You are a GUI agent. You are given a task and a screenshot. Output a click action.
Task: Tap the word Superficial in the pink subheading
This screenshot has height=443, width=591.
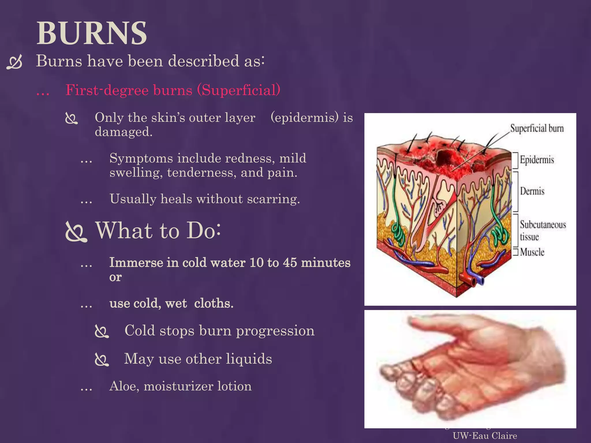238,90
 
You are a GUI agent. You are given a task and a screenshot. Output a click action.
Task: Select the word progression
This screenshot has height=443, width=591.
275,331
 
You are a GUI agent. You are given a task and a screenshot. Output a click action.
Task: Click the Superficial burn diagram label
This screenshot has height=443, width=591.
537,128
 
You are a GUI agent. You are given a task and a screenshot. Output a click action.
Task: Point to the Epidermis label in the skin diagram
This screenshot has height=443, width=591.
537,159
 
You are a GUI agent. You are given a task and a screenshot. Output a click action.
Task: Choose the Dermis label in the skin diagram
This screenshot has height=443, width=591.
532,191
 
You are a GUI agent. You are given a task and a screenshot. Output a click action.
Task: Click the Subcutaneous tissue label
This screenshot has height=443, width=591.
543,230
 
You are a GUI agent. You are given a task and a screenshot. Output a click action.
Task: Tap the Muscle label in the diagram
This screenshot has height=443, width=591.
532,252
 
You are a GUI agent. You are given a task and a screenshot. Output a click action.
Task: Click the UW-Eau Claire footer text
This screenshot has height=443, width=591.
485,436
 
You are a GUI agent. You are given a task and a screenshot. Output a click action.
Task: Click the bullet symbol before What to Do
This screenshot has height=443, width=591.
76,232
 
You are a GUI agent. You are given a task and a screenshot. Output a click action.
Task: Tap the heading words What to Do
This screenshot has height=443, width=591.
158,230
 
